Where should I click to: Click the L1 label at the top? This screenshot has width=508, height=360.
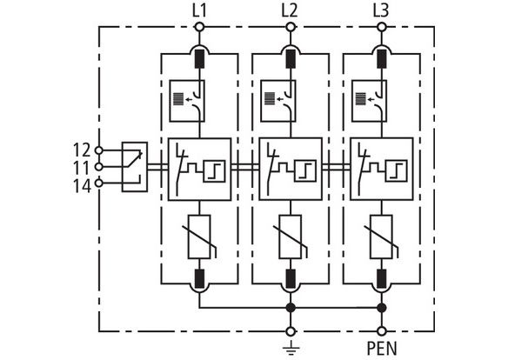199,11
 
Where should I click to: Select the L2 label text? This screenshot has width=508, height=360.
290,11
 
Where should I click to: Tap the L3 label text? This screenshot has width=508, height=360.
381,11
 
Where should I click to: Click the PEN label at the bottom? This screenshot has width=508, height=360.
382,349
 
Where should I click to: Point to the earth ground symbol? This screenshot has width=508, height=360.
291,347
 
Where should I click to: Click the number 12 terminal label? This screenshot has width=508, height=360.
82,150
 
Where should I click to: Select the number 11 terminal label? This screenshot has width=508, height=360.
81,169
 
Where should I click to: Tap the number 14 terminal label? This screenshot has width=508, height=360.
82,186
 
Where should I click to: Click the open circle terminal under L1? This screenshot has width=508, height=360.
199,27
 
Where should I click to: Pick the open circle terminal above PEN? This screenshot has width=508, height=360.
382,331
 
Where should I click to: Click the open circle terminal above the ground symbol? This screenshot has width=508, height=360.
291,331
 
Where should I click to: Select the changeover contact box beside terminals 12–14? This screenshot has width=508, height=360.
135,167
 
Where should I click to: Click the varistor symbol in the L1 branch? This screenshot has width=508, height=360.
199,237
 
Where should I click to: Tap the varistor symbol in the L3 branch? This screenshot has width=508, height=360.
382,237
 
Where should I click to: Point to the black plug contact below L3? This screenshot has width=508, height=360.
382,58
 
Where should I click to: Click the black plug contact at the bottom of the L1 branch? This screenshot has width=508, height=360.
199,278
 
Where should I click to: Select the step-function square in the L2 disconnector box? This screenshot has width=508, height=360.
305,171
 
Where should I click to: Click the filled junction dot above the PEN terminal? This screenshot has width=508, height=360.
382,308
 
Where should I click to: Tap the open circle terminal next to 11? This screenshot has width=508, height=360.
98,167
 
